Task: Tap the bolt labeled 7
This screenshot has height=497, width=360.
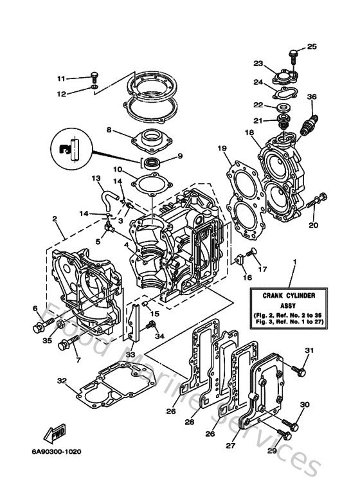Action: (x=65, y=345)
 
